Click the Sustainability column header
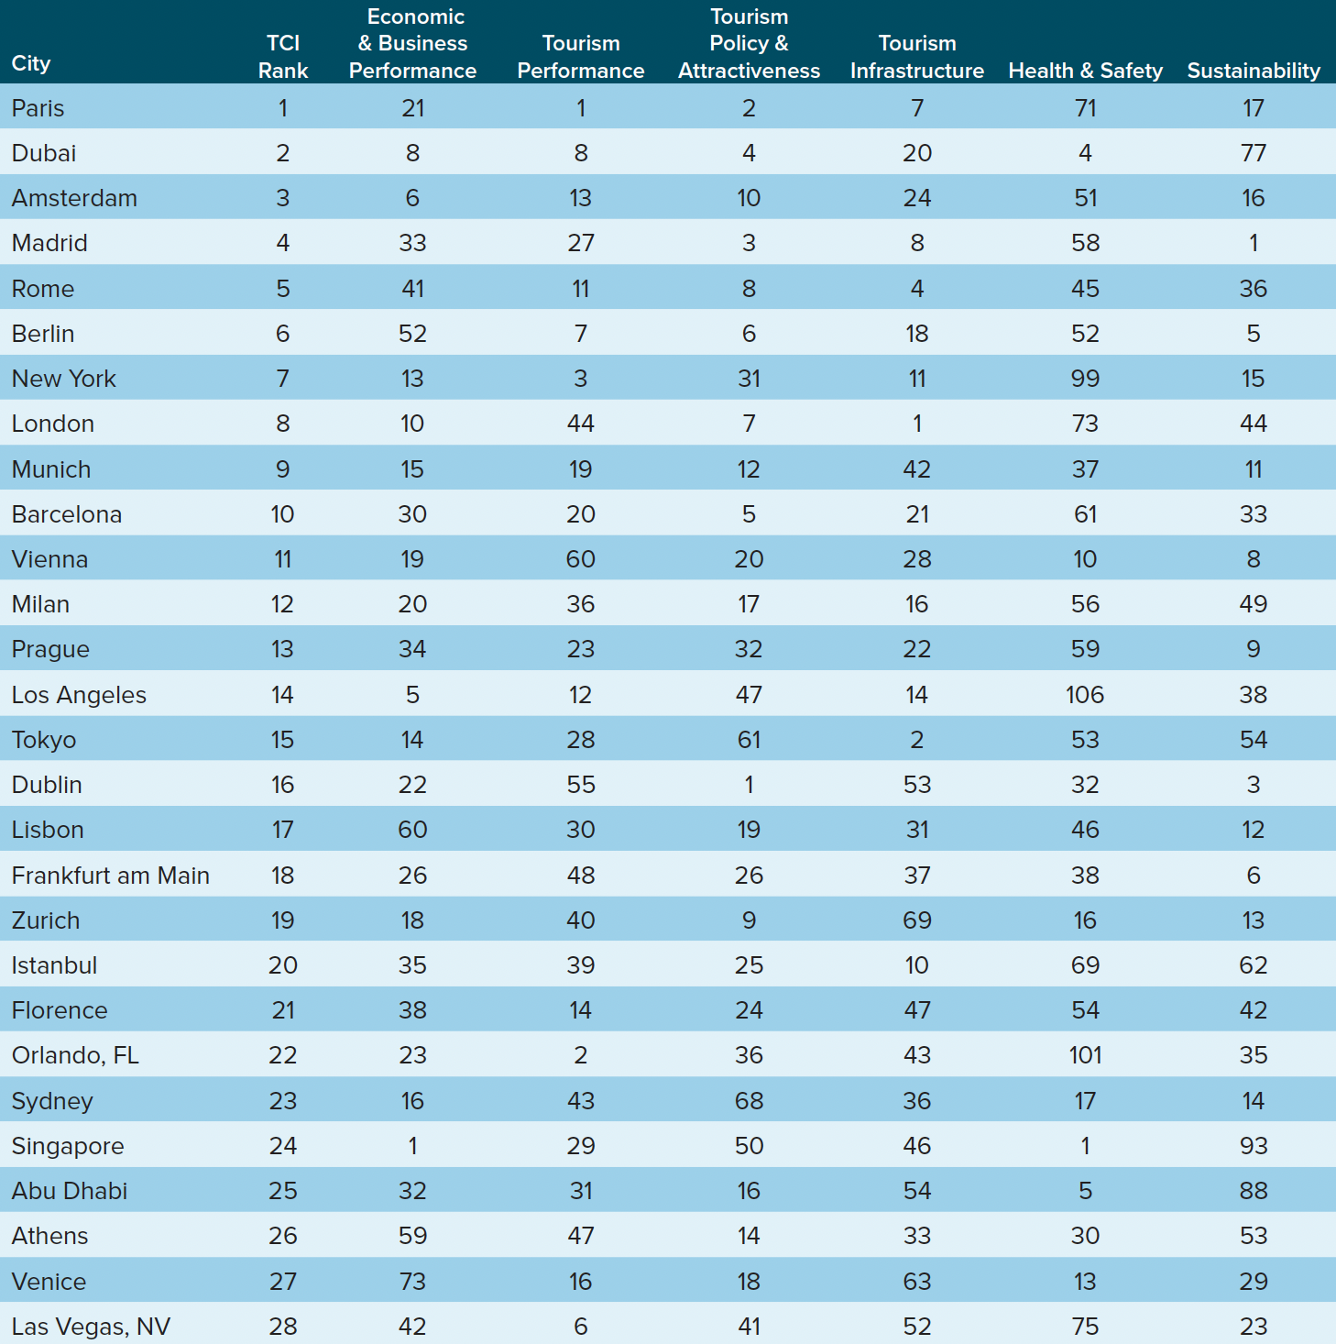[1253, 71]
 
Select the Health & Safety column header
[1085, 71]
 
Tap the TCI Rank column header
[283, 57]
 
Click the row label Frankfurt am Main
[110, 876]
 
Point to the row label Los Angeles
[79, 695]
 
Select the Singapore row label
[68, 1146]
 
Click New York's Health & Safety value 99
[1085, 379]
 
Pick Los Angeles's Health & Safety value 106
[1085, 695]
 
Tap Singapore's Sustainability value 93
[1253, 1146]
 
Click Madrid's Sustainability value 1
[1253, 243]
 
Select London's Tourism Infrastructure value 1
[917, 424]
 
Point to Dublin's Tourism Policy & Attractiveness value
[749, 785]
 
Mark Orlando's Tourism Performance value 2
[581, 1055]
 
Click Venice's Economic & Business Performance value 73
[412, 1282]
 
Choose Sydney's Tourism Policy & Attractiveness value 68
[749, 1101]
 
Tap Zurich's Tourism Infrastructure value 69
[917, 920]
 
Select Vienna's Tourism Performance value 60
[581, 559]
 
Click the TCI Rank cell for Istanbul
[283, 965]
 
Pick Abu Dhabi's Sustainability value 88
[1253, 1191]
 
